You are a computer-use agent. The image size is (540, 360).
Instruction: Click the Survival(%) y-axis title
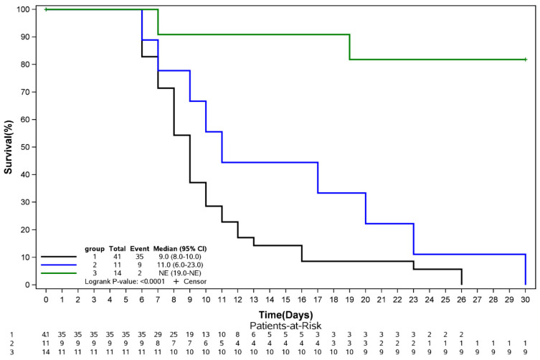tap(8, 147)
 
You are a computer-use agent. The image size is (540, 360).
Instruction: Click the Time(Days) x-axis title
tap(286, 315)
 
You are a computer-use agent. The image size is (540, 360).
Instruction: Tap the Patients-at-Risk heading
tap(285, 326)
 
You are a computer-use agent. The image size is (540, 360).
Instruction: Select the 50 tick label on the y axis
tap(25, 147)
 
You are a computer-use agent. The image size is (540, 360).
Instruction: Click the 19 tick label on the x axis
tap(349, 300)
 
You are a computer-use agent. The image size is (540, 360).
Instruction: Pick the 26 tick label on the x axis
tap(462, 300)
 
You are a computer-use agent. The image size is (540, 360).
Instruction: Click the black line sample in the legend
tap(59, 257)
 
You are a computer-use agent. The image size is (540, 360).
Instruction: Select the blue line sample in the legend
tap(59, 265)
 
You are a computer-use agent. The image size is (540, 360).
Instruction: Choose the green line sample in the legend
tap(59, 273)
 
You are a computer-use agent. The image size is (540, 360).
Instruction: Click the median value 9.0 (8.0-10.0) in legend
tap(178, 257)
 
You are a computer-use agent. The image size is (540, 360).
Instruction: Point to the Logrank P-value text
tap(125, 281)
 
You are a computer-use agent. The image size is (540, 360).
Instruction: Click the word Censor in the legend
tap(195, 281)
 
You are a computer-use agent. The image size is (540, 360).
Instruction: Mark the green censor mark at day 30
tap(526, 60)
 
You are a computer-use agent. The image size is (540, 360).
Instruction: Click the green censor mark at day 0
tap(46, 9)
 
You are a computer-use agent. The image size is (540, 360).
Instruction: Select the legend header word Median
tap(164, 248)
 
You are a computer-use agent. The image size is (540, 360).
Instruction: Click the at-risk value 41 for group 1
tap(46, 334)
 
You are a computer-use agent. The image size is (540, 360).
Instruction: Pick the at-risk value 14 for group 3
tap(46, 352)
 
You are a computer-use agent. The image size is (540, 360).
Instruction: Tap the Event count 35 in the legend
tap(139, 257)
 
